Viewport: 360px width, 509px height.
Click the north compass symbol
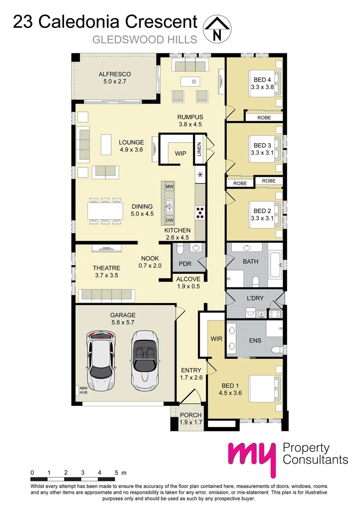[217, 29]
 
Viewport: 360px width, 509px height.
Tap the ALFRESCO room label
[115, 74]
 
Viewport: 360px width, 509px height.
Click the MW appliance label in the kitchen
[170, 187]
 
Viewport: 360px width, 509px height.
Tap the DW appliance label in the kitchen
[170, 221]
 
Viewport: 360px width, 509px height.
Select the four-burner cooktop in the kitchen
[200, 213]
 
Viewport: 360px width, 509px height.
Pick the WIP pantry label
[180, 154]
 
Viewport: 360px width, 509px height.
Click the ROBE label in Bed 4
[264, 117]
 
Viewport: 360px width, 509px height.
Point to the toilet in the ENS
[277, 349]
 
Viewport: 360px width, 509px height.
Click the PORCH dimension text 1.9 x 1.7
[191, 422]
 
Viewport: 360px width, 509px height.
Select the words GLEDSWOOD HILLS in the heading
[138, 40]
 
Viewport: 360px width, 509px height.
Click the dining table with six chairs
[105, 210]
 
